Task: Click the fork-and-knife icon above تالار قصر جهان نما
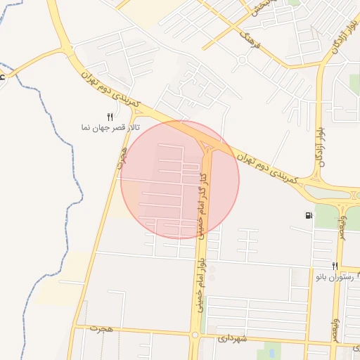(x=109, y=117)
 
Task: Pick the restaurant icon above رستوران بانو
(x=335, y=265)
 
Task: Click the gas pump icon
(x=309, y=214)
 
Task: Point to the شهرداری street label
(x=233, y=338)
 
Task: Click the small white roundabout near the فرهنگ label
(x=242, y=59)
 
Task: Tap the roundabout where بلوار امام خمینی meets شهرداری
(x=194, y=335)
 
